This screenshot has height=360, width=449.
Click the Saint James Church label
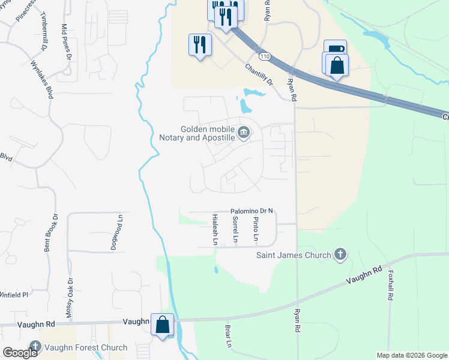tap(294, 255)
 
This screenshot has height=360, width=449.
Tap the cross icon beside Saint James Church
tap(340, 254)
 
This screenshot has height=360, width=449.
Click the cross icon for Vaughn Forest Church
tap(35, 347)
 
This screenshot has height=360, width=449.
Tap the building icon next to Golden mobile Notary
tap(243, 133)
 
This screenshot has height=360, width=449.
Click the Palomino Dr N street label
tap(252, 211)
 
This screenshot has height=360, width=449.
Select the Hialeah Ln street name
tap(215, 229)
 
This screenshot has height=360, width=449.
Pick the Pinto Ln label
tap(256, 229)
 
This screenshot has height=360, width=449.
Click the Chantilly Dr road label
tap(259, 75)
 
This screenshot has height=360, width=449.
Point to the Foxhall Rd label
tap(390, 285)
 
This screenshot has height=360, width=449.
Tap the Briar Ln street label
tap(228, 337)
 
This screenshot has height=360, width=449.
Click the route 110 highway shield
tap(265, 56)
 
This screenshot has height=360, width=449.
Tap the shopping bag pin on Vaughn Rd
tap(162, 325)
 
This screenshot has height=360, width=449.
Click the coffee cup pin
tap(335, 50)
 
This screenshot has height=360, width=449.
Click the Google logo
tap(20, 353)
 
